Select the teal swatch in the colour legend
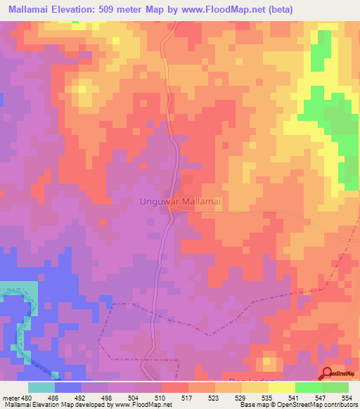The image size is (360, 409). point(41,387)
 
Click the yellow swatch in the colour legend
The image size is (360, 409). point(281,387)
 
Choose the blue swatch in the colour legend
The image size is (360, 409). point(67,387)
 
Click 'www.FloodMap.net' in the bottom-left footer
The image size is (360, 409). point(143,404)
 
